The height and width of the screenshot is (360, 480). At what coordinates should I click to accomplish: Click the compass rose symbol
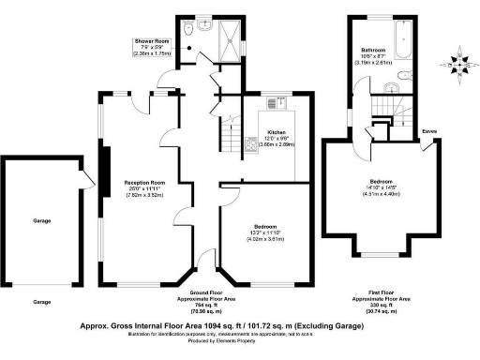[x=458, y=65]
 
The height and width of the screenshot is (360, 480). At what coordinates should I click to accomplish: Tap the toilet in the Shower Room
[x=189, y=29]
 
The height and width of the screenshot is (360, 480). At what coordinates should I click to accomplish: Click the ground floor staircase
[x=229, y=141]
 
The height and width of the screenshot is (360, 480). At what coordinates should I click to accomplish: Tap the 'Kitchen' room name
[x=277, y=132]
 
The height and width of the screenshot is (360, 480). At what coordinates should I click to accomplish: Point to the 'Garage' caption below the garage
[x=41, y=302]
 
